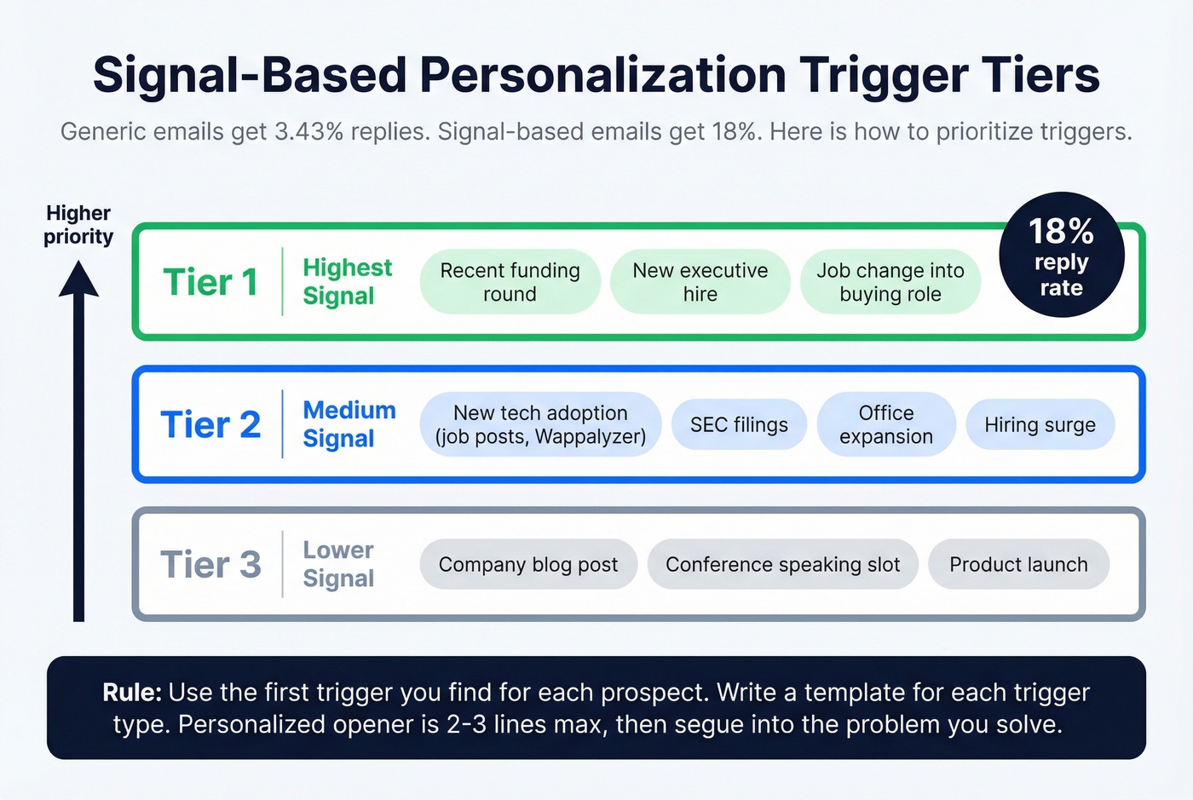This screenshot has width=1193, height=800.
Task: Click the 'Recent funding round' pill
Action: (x=510, y=282)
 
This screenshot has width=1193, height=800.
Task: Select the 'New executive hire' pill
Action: (x=700, y=282)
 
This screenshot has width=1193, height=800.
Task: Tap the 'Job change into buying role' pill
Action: (x=890, y=282)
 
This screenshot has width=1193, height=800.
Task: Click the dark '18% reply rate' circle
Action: (x=1061, y=256)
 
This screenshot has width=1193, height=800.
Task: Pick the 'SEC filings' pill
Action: (x=739, y=424)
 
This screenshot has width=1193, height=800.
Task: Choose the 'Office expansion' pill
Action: (x=885, y=424)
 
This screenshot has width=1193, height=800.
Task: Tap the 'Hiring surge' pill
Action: (x=1040, y=424)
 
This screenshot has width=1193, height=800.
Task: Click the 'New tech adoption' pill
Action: (x=540, y=424)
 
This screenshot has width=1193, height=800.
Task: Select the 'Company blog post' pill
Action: (x=528, y=564)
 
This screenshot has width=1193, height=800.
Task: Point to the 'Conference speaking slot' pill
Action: (x=782, y=564)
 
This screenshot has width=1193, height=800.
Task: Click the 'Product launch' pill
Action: (x=1018, y=564)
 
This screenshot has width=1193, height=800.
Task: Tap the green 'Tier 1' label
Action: (x=210, y=282)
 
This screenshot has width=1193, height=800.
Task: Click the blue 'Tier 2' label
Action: (x=210, y=424)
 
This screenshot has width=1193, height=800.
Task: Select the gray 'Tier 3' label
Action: (x=210, y=564)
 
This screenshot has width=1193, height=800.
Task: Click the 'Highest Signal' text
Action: (x=347, y=281)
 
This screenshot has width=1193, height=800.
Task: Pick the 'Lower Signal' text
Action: (x=338, y=564)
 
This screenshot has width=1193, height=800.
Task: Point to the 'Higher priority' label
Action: (x=78, y=224)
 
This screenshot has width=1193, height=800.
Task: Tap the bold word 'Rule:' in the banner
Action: (x=131, y=692)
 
